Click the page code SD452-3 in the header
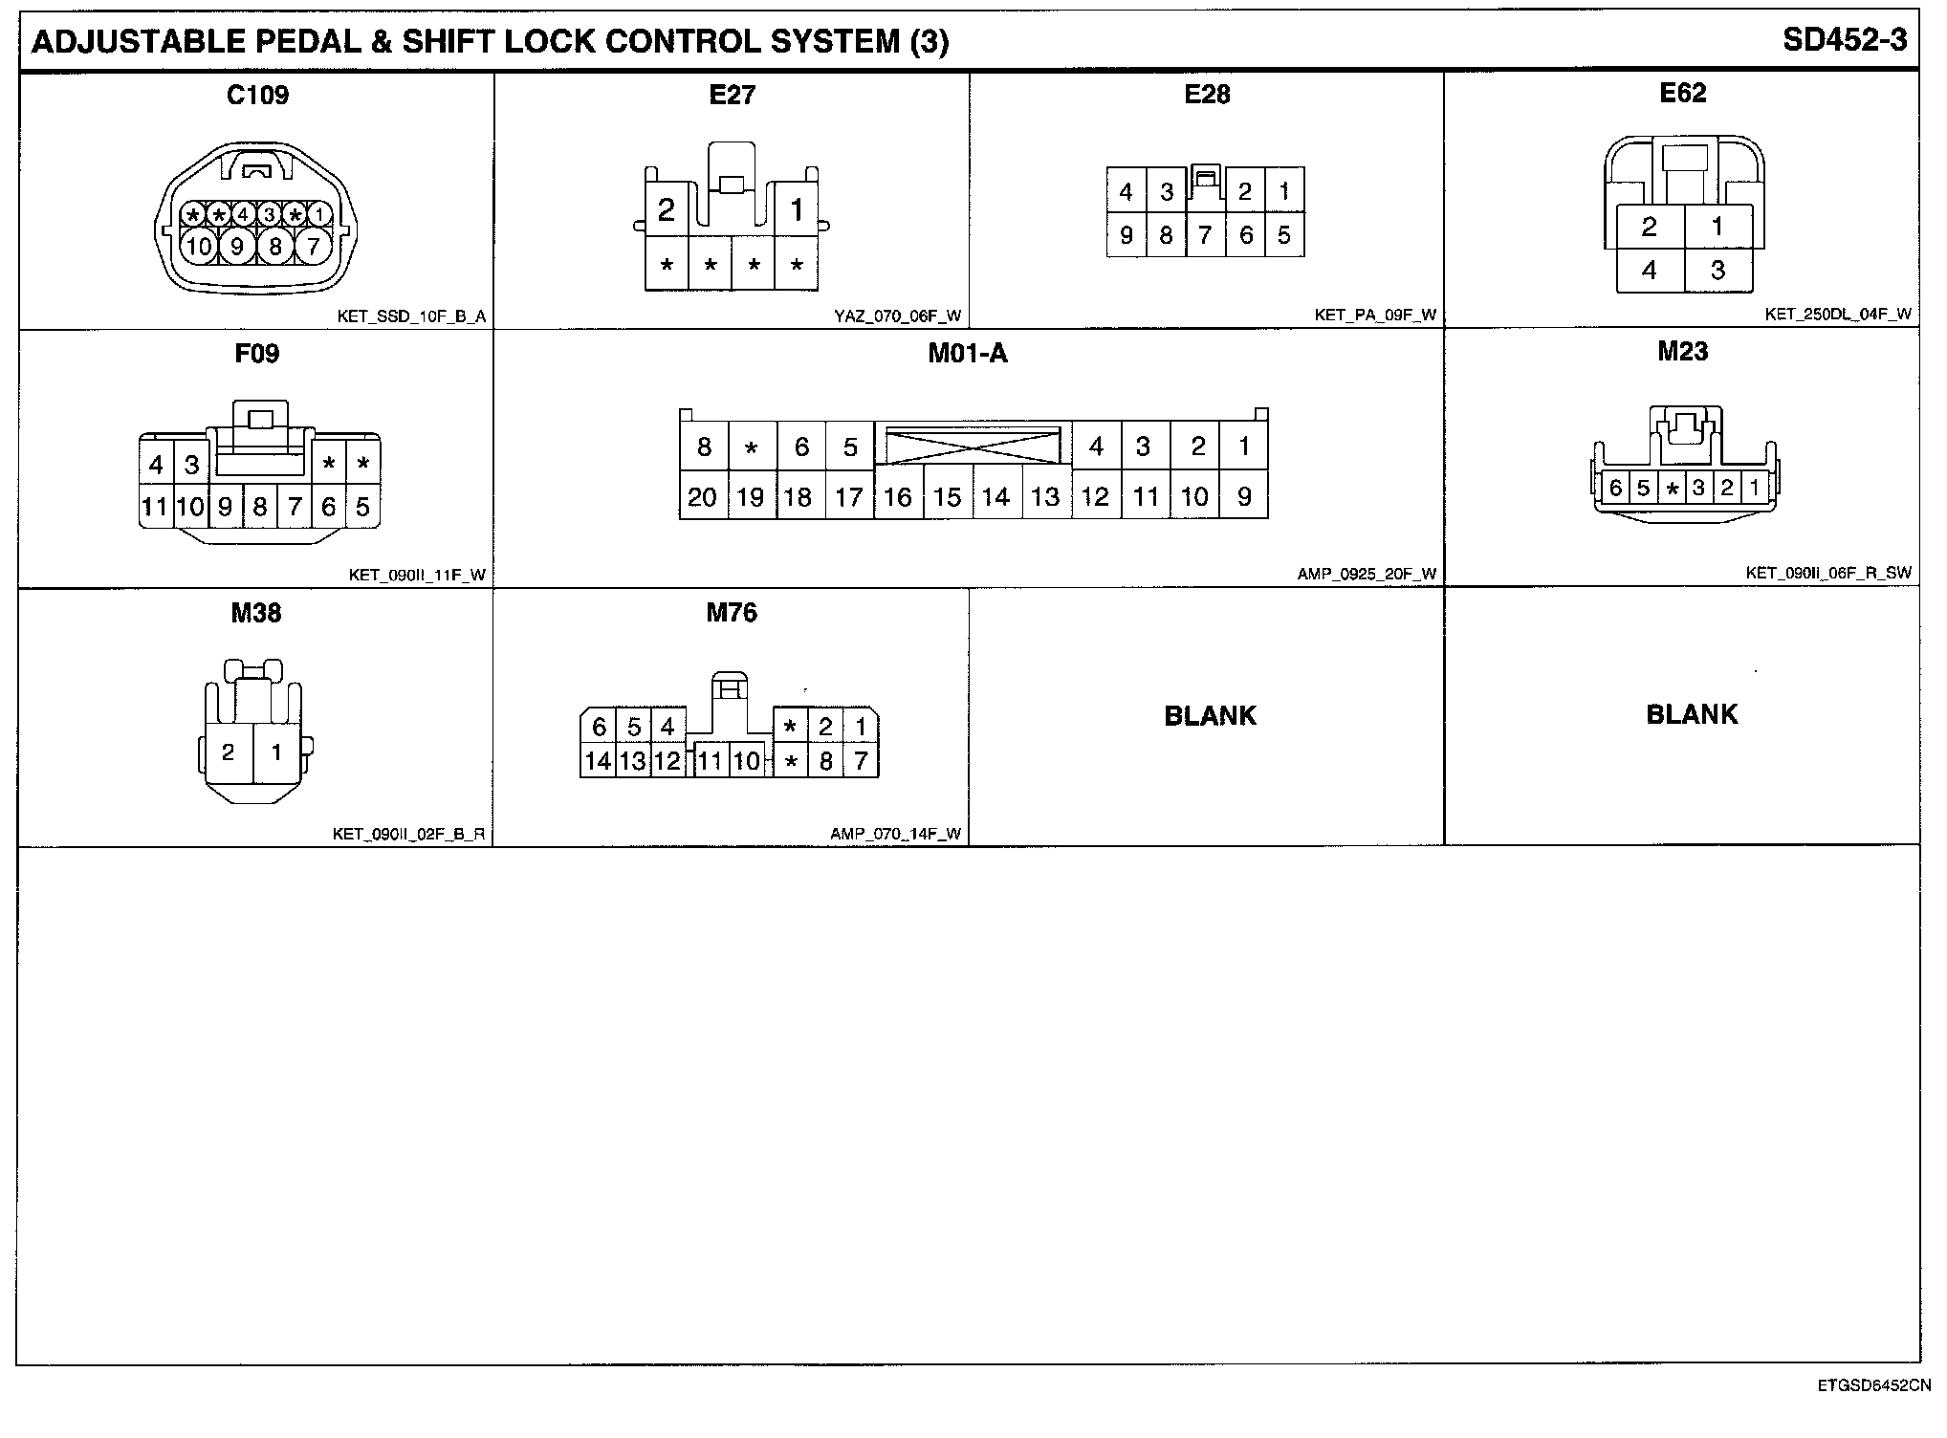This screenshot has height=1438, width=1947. tap(1845, 40)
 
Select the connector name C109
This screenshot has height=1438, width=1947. tap(257, 95)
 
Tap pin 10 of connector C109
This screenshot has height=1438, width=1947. tap(199, 247)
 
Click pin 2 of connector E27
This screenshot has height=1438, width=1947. tap(667, 209)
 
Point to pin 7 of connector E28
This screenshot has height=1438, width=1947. tap(1205, 235)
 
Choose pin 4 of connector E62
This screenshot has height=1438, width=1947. tap(1650, 271)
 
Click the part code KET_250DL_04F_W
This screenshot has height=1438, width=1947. tap(1838, 314)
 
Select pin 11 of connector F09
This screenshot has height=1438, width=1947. tap(155, 507)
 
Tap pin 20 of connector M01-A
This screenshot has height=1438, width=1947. tap(703, 497)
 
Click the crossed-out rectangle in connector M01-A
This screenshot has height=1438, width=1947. tap(973, 447)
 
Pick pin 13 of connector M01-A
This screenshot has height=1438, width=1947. tap(1045, 497)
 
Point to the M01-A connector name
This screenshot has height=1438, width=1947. tap(968, 354)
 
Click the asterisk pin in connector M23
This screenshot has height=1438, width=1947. tap(1672, 489)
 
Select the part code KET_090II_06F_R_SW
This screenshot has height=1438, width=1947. tap(1827, 573)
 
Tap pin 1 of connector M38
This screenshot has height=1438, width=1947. tap(277, 752)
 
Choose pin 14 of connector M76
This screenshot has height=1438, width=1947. tap(598, 761)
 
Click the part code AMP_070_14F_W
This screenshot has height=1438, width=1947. tap(895, 834)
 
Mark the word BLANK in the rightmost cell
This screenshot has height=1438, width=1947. tap(1691, 714)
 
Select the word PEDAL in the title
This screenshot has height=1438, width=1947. tap(347, 41)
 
